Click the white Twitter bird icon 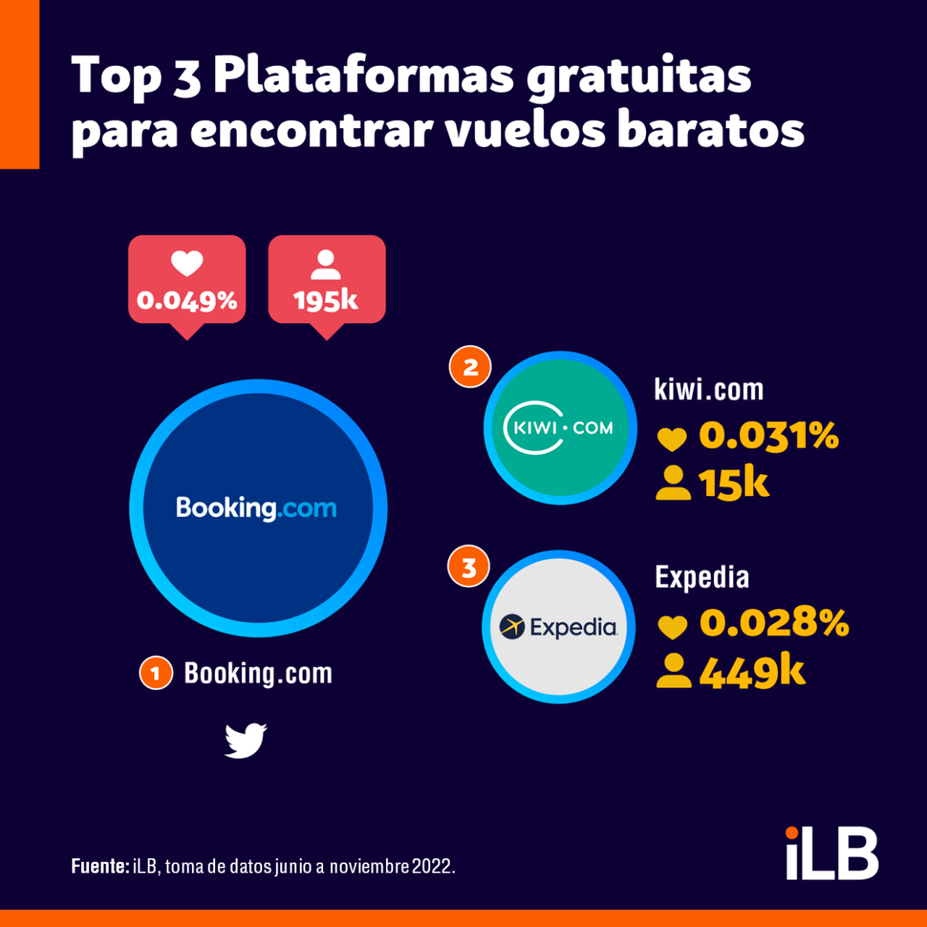(x=246, y=740)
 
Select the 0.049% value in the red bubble (x=187, y=301)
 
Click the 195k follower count (x=326, y=301)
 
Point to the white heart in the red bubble (x=187, y=264)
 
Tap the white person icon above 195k (x=326, y=265)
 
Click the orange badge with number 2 (x=470, y=367)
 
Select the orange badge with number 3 (x=469, y=567)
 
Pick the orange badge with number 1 (x=156, y=673)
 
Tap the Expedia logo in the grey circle (x=558, y=627)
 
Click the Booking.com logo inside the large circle (x=257, y=508)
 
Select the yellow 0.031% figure (x=768, y=435)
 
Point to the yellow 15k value (x=733, y=483)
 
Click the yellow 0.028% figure (x=773, y=622)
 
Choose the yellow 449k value (x=752, y=672)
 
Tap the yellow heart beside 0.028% (x=672, y=626)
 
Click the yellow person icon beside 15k (x=673, y=483)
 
